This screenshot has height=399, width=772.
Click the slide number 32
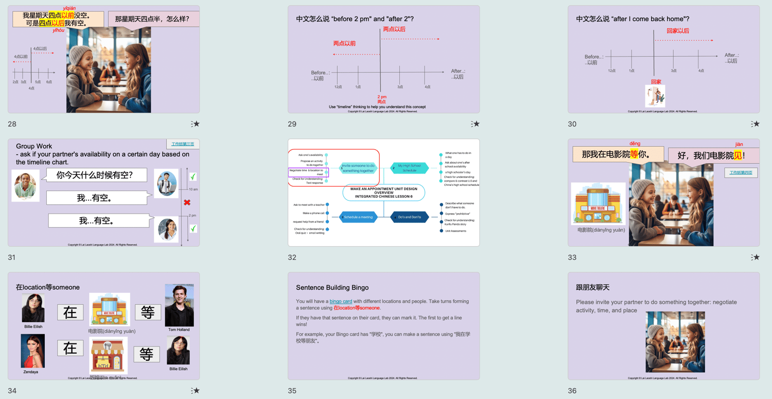292,257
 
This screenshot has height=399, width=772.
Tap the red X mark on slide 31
187,203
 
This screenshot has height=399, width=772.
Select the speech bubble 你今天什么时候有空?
95,175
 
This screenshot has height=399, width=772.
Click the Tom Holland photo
179,305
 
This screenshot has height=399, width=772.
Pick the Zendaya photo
32,351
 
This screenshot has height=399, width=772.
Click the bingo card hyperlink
341,301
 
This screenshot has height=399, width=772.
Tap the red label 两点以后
394,29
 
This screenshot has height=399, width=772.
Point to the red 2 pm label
382,97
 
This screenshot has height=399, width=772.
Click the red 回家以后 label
678,31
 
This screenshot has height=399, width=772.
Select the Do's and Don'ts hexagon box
409,217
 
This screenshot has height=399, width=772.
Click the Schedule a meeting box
358,217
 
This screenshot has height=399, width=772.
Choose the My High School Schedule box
409,168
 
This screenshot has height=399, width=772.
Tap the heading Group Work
34,146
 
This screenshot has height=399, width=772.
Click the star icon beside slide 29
476,124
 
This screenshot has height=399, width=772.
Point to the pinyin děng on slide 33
635,144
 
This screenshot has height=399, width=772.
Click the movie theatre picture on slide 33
598,204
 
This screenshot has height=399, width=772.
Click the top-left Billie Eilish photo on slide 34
33,308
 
